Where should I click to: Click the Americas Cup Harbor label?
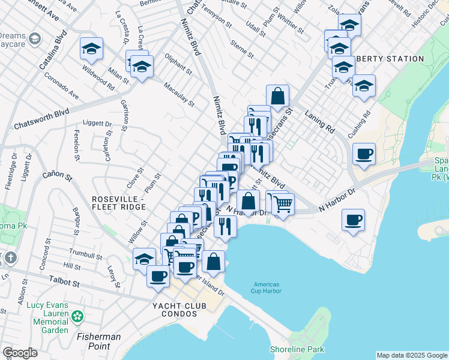[267, 288]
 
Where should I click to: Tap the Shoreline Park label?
[297, 349]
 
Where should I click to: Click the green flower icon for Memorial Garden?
[77, 316]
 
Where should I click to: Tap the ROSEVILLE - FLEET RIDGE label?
[119, 203]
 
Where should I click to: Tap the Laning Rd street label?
[319, 121]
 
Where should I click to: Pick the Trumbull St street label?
[82, 254]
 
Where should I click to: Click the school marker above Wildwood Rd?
[91, 50]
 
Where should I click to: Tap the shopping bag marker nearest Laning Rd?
[278, 95]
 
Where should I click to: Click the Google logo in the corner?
[20, 353]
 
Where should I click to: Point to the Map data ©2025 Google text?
[412, 355]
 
